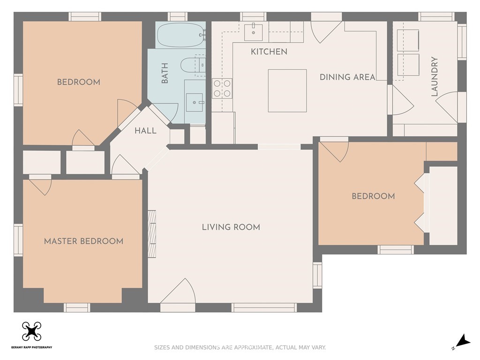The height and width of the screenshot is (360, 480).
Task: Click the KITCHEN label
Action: (x=269, y=52)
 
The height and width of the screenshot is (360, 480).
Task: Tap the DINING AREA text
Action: (x=347, y=77)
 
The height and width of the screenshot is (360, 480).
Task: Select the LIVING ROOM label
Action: (x=231, y=227)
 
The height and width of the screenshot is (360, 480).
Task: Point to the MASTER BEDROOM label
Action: (x=83, y=241)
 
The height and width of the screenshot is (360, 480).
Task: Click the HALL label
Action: (x=145, y=131)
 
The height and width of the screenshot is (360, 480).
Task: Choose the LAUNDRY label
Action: (x=435, y=76)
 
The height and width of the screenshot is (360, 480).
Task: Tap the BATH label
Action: (x=165, y=73)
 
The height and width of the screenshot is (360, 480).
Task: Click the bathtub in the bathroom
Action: (x=181, y=35)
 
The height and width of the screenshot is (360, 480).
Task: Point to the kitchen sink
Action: (x=253, y=31)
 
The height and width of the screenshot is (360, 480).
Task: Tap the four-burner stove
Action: (x=222, y=89)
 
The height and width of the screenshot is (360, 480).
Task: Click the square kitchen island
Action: (x=287, y=90)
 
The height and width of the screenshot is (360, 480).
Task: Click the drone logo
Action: (x=31, y=331)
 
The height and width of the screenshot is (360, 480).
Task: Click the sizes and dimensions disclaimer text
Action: (x=240, y=347)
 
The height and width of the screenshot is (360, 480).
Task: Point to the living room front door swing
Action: (x=178, y=291)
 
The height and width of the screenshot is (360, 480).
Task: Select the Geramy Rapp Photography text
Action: (x=31, y=347)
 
